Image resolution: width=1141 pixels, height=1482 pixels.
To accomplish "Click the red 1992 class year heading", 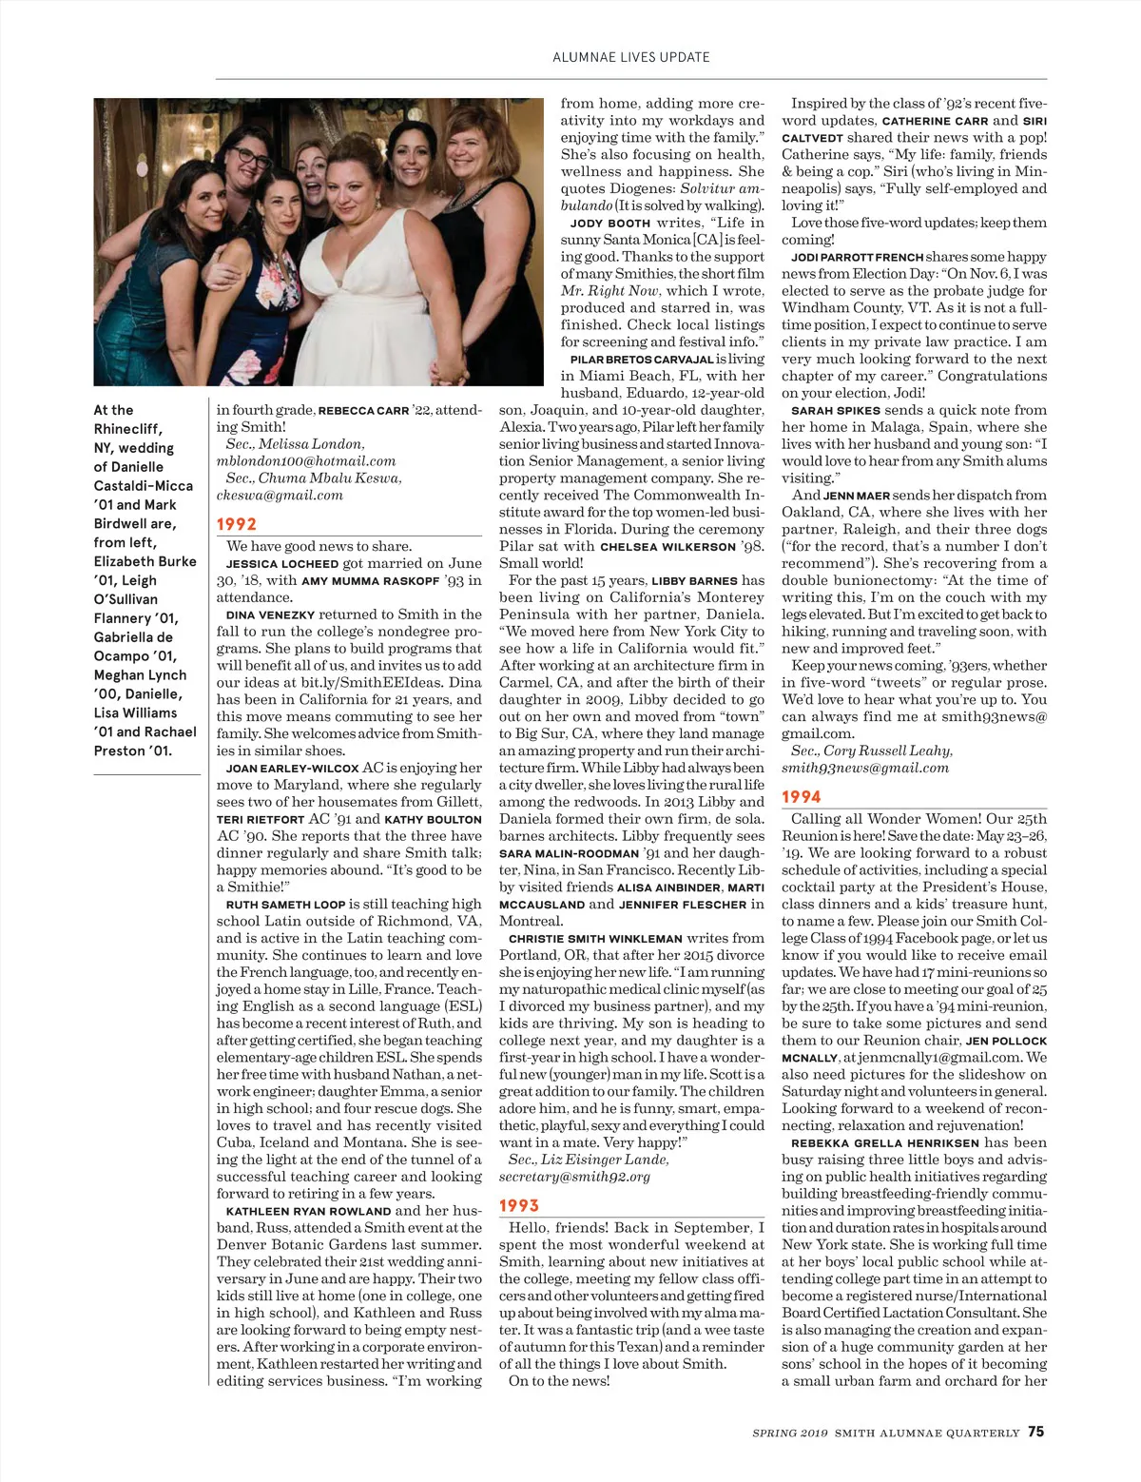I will click(x=236, y=524).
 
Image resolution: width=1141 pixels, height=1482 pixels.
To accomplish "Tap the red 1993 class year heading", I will click(x=519, y=1206).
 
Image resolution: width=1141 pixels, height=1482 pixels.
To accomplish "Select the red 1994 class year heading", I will click(x=802, y=797).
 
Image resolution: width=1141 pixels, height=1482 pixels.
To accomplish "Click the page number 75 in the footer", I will click(x=1035, y=1432).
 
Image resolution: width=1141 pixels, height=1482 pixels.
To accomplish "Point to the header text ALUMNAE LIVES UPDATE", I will click(x=631, y=57).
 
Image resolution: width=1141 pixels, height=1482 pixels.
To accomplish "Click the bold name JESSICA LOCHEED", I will click(x=281, y=564).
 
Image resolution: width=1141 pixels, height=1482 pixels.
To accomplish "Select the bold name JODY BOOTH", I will click(x=610, y=224).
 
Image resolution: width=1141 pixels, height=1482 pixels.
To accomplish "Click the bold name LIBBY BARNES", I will click(x=694, y=581).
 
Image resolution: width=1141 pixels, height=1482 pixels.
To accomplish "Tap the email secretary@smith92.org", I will click(x=574, y=1177).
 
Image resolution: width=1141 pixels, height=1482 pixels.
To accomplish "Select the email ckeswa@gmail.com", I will click(x=280, y=496).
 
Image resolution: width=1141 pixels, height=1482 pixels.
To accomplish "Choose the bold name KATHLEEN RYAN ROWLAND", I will click(x=308, y=1212).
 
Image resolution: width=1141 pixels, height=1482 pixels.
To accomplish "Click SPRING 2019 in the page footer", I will click(x=790, y=1433).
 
